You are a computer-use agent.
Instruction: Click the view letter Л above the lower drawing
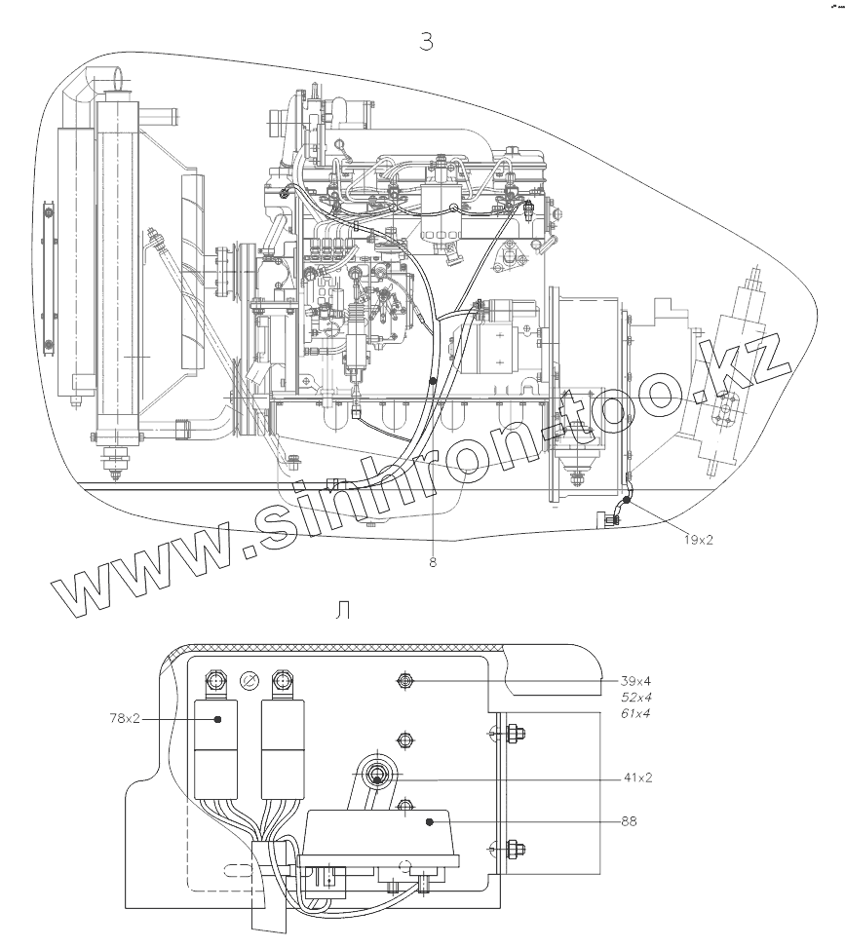pos(342,611)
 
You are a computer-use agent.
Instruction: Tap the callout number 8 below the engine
pos(432,561)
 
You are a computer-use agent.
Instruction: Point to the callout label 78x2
pos(125,718)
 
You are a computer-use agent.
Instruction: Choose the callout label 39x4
pos(635,680)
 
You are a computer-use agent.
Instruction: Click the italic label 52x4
pos(635,698)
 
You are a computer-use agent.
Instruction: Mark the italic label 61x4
pos(635,714)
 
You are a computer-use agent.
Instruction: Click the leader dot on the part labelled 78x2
pos(216,718)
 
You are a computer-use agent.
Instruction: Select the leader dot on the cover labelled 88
pos(429,821)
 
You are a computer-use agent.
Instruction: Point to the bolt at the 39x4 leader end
pos(402,680)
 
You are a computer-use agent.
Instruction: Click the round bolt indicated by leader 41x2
pos(378,777)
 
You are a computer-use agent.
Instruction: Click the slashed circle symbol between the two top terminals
pos(248,680)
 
